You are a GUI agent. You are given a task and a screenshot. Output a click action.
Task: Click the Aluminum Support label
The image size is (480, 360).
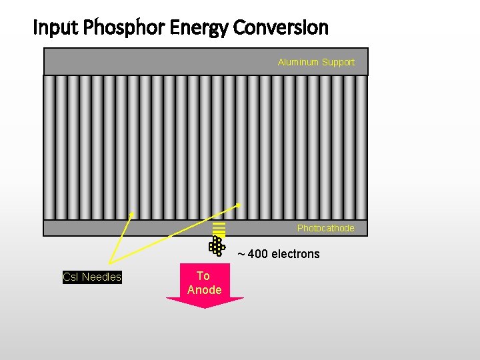(x=316, y=62)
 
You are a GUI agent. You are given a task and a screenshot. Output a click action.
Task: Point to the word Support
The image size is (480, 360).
(x=338, y=62)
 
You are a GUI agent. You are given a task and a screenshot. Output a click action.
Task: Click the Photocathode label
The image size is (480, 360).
(x=325, y=228)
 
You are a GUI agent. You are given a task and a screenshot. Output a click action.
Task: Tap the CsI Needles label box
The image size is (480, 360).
(x=92, y=277)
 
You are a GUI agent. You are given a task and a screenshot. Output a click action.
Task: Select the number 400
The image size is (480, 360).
(x=258, y=254)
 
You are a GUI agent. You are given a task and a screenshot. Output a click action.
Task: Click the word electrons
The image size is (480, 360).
(x=295, y=254)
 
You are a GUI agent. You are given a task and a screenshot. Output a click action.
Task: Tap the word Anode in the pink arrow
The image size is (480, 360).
(x=205, y=290)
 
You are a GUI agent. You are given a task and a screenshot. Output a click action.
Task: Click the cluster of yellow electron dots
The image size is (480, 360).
(x=217, y=246)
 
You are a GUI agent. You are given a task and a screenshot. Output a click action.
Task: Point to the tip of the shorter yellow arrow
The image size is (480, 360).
(x=133, y=214)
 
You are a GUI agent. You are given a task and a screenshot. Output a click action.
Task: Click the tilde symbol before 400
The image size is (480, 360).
(x=241, y=254)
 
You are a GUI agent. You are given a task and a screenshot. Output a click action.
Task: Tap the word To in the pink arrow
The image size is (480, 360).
(x=203, y=276)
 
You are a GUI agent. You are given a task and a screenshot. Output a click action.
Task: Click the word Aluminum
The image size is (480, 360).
(x=299, y=62)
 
